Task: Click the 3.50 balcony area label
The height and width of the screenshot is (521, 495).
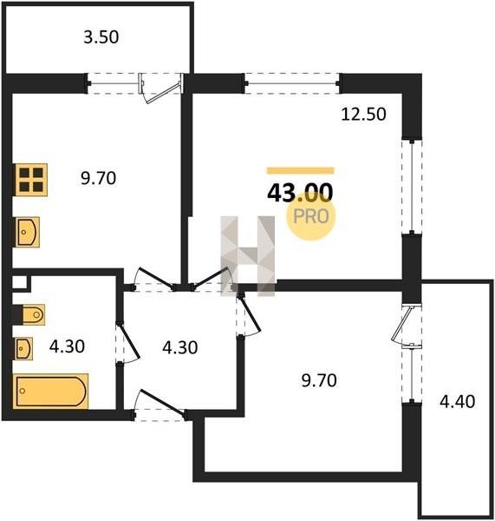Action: coord(101,37)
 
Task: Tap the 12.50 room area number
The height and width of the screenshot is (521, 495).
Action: coord(363,115)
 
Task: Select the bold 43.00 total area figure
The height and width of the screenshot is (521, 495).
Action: coord(300,193)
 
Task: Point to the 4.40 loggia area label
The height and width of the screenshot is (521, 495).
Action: coord(457,401)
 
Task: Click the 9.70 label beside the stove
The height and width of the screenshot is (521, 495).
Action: coord(99,178)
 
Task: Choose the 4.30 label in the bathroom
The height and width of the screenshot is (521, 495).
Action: coord(67,346)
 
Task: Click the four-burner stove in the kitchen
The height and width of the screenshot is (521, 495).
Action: coord(31,180)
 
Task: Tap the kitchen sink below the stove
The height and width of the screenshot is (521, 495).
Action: coord(27,232)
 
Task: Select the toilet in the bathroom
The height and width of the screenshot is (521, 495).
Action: coord(32,314)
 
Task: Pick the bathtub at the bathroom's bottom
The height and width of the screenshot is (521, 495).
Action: coord(52,391)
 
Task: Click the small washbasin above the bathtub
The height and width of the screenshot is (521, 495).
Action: coord(23,348)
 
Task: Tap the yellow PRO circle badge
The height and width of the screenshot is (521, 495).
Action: coord(311,216)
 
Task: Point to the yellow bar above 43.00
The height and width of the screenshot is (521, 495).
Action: coord(300,170)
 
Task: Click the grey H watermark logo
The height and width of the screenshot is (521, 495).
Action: coord(248,256)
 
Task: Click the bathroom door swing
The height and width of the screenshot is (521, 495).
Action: coord(127,344)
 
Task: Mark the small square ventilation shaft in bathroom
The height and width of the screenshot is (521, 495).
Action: coord(20,283)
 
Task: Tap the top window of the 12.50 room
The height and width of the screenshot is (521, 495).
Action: coord(292,83)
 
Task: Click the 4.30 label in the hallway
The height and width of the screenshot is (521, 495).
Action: coord(180,347)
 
